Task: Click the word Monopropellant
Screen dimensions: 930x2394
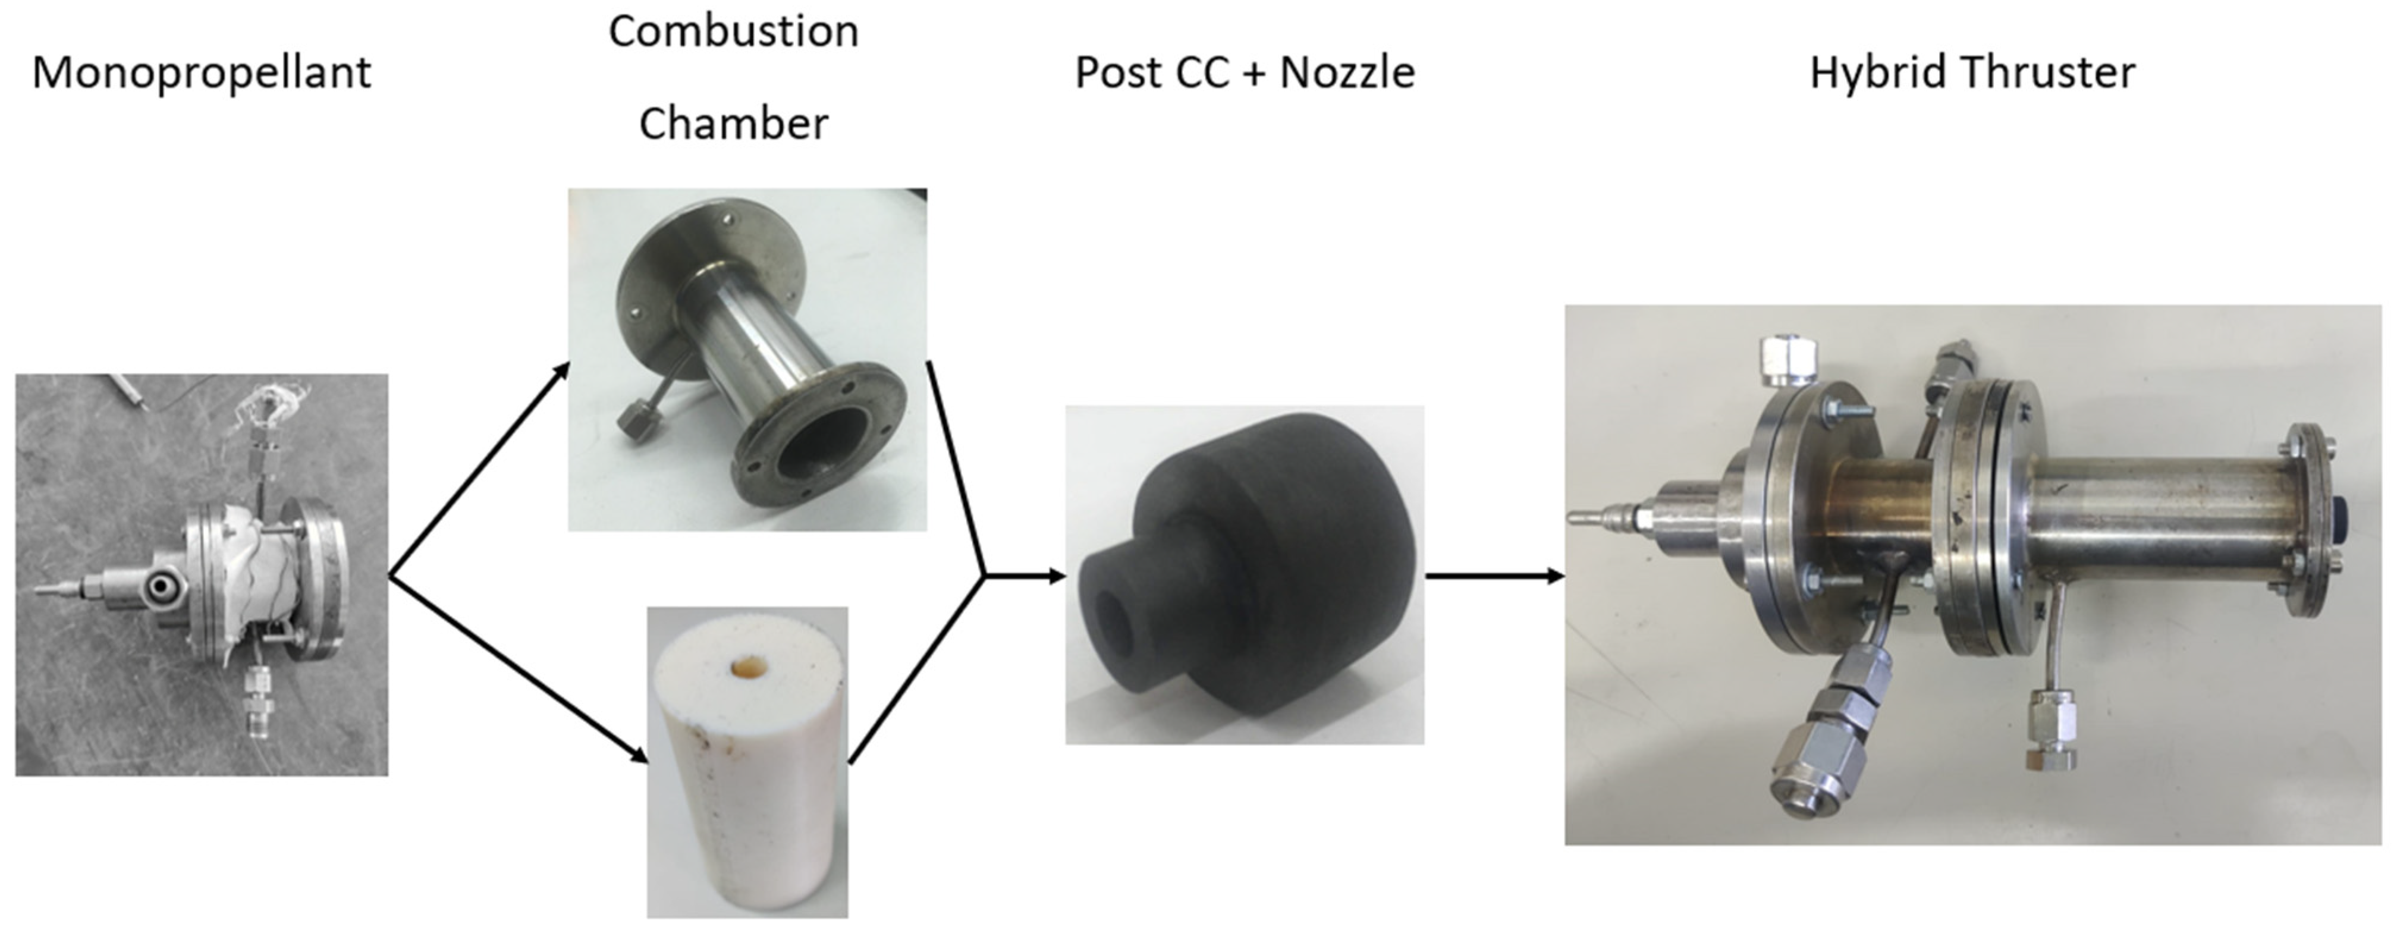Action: coord(202,73)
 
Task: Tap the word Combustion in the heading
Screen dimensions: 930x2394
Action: coord(733,32)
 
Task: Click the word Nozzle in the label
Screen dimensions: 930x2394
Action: coord(1347,73)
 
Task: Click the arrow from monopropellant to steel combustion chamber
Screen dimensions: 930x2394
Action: coord(479,469)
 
